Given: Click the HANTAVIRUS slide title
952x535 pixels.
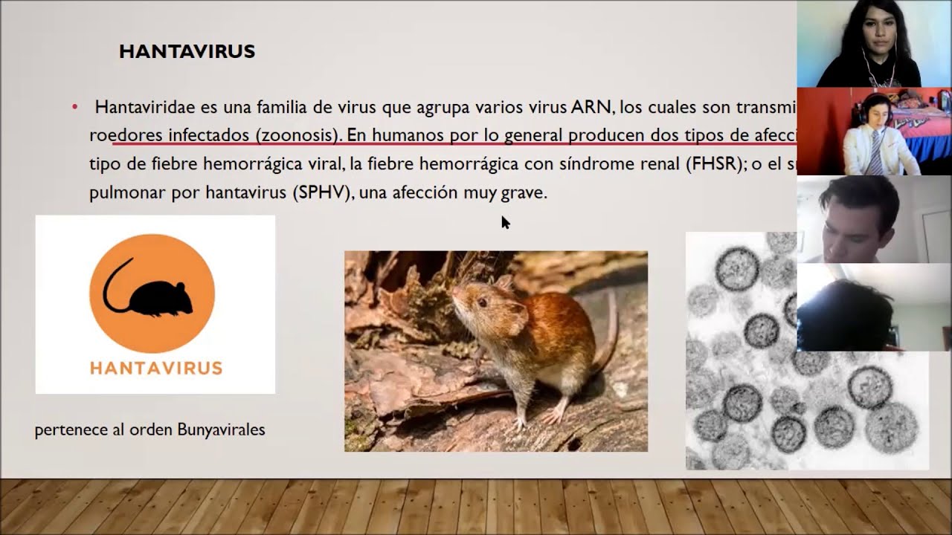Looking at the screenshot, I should click(x=187, y=51).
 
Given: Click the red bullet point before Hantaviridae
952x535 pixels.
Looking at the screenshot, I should click(x=74, y=108).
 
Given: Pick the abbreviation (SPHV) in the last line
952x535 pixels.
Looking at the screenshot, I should click(x=322, y=193).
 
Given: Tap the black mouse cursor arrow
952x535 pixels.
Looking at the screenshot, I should click(x=505, y=222).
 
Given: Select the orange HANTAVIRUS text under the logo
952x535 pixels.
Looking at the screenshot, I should click(x=155, y=368).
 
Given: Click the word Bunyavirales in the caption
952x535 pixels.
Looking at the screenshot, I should click(x=221, y=429).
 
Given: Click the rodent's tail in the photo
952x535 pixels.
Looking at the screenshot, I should click(x=612, y=334).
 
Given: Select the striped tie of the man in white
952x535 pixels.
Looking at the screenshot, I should click(x=876, y=155).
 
